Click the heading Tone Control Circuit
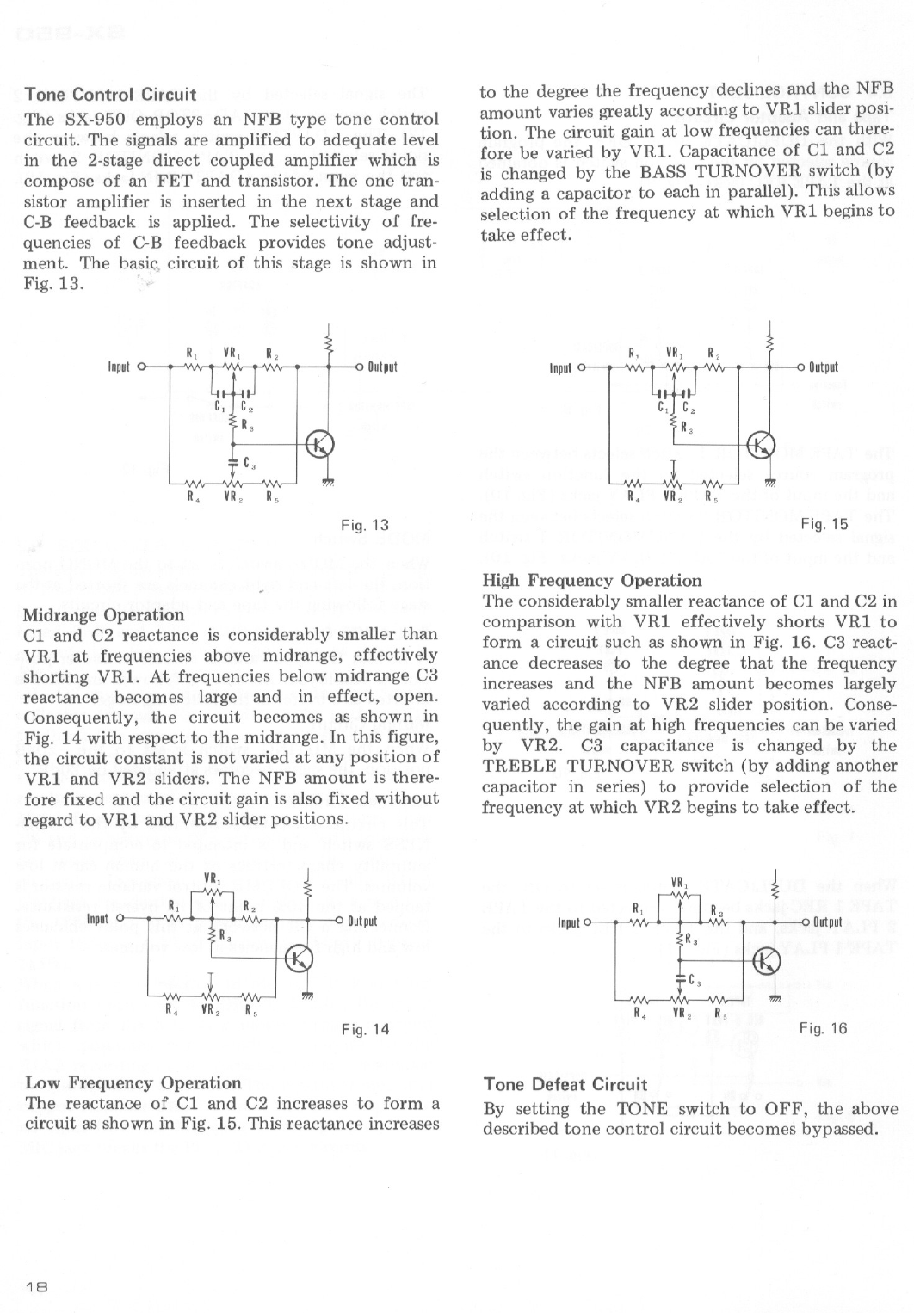click(x=110, y=94)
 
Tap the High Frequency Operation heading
click(x=592, y=580)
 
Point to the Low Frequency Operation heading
click(x=133, y=1082)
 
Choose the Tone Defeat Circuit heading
click(x=565, y=1084)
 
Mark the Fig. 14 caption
click(x=365, y=1028)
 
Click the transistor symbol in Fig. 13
click(x=319, y=444)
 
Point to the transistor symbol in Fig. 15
click(x=762, y=444)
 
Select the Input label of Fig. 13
click(x=118, y=367)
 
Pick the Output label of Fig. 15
click(x=824, y=367)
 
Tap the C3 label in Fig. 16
click(x=696, y=978)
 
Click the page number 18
click(x=35, y=1287)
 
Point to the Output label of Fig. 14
click(x=362, y=921)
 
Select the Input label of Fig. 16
click(x=569, y=923)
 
